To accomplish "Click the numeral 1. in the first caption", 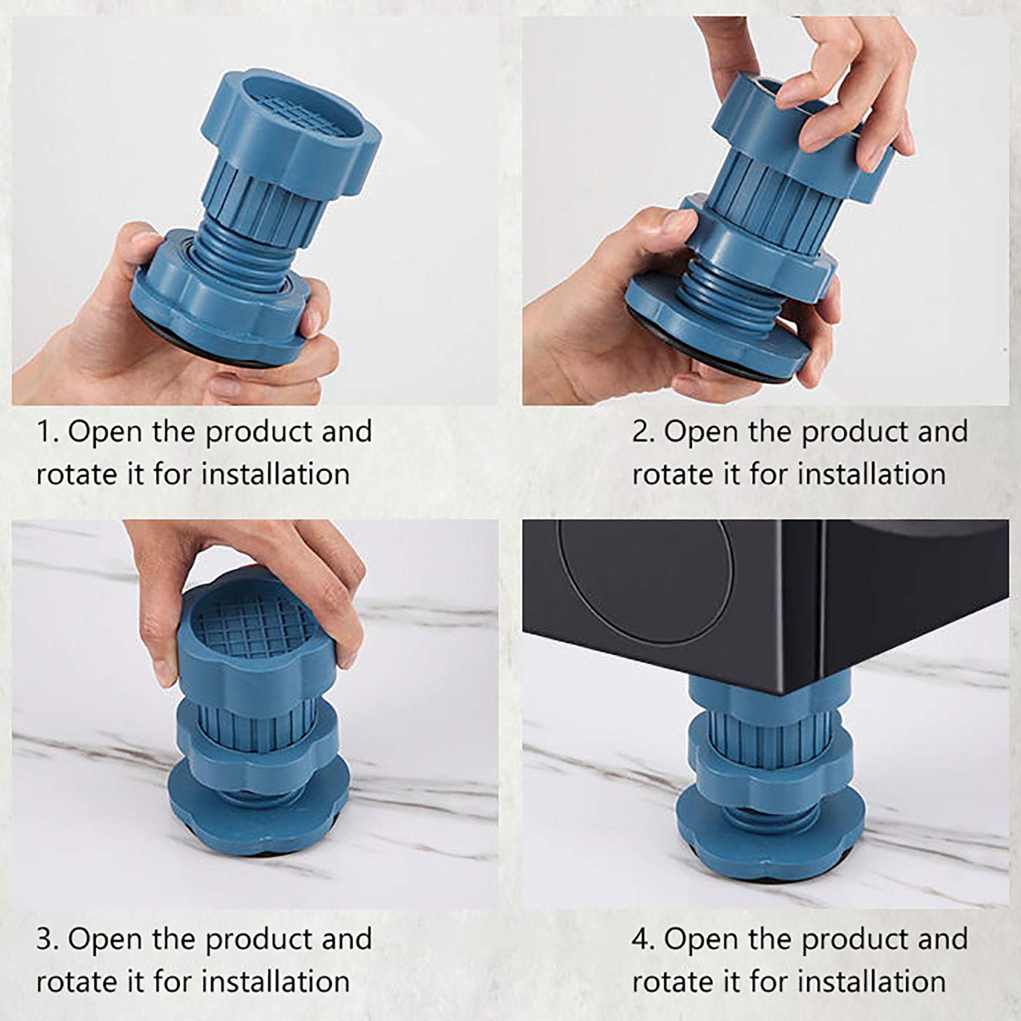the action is (47, 432).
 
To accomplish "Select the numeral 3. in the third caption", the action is (47, 939).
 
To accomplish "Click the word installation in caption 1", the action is (276, 475).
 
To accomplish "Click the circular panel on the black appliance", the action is (645, 580).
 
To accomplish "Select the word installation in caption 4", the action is (872, 982).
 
